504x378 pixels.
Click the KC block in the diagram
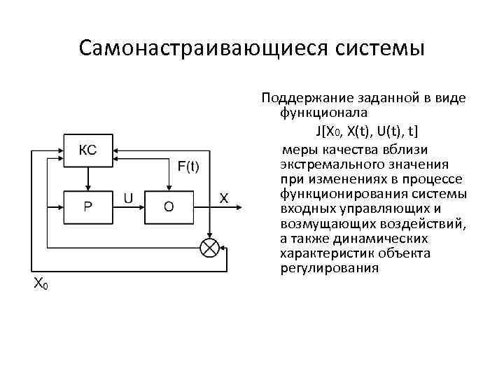pos(87,150)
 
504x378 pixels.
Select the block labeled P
pos(87,206)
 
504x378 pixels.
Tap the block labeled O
pos(168,206)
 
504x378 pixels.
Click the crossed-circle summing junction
pos(209,246)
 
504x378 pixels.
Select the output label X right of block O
pos(224,198)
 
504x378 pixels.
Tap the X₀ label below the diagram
pos(41,283)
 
